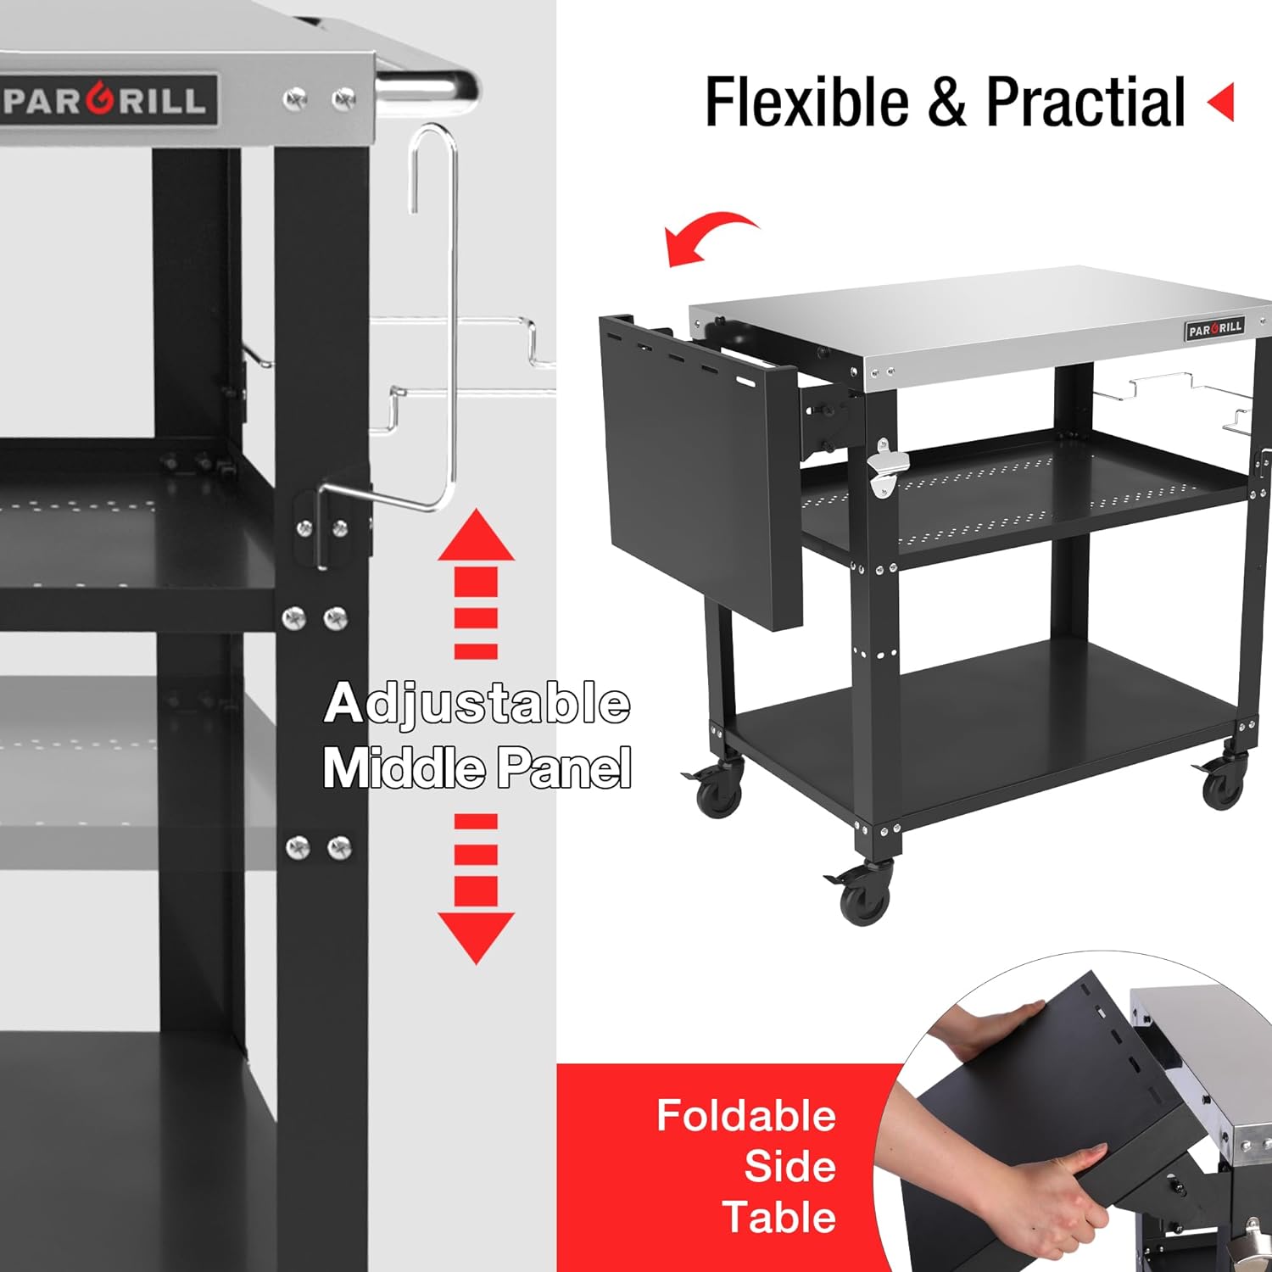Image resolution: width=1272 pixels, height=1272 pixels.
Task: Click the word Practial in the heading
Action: [x=1085, y=103]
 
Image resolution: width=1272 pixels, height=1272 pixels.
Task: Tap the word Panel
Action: [x=564, y=767]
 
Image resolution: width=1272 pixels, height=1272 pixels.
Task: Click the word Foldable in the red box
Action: [x=746, y=1115]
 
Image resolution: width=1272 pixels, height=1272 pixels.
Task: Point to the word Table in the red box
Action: [x=779, y=1217]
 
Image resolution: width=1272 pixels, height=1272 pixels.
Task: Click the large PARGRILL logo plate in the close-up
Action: [x=109, y=101]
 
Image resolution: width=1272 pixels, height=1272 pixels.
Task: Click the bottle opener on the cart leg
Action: [x=886, y=469]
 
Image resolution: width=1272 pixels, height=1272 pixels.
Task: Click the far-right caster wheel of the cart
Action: [x=1221, y=786]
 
